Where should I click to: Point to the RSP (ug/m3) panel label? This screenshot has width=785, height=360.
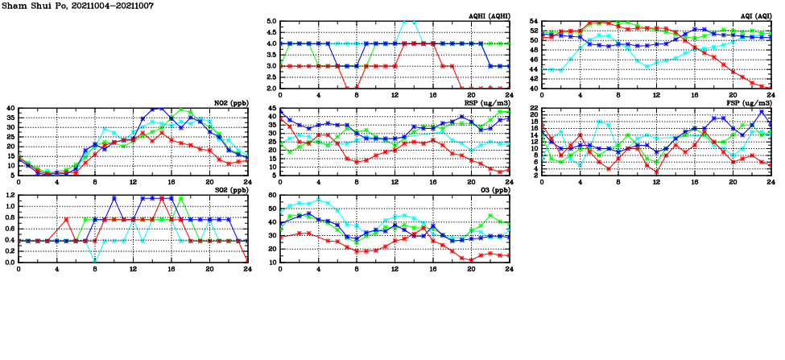click(x=487, y=103)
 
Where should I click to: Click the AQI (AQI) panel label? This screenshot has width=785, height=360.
click(x=754, y=16)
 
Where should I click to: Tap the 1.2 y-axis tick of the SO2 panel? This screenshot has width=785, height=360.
click(x=10, y=195)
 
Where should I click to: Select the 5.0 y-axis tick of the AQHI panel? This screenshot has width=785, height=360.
click(x=271, y=22)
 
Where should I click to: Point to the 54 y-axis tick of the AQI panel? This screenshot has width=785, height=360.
click(x=533, y=22)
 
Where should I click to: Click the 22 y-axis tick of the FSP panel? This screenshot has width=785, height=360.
click(x=533, y=109)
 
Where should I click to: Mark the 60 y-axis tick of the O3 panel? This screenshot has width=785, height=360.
click(x=272, y=195)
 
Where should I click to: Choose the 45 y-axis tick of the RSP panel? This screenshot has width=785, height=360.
click(x=272, y=109)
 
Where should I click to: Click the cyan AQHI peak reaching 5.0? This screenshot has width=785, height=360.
click(x=409, y=22)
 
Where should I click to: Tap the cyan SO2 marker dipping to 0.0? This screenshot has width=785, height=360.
click(x=96, y=261)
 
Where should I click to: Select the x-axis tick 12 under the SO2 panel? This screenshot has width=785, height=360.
click(x=134, y=270)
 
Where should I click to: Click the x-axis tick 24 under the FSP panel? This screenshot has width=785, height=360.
click(x=771, y=183)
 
